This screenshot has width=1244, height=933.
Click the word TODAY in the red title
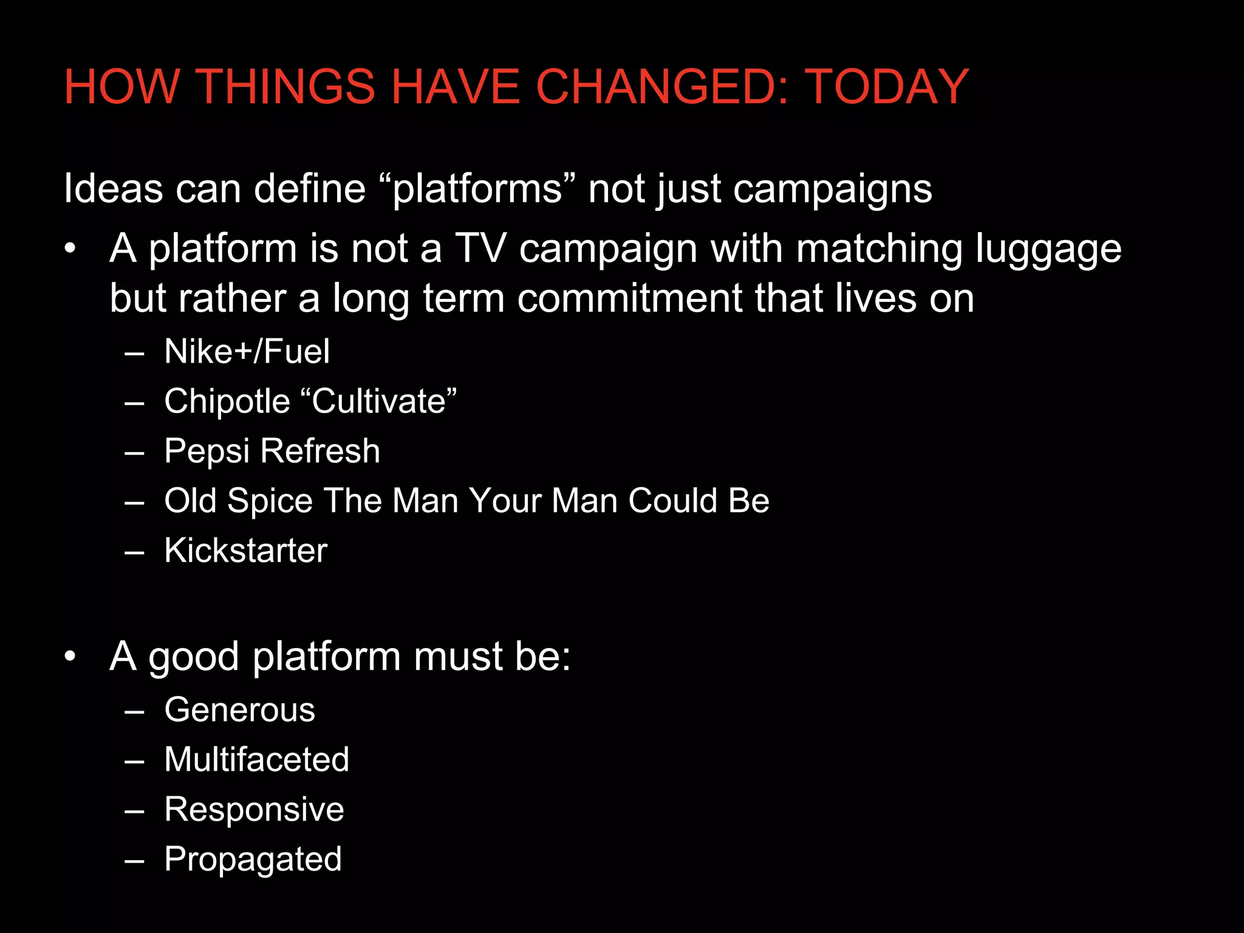tap(886, 87)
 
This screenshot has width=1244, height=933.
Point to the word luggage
tap(1048, 250)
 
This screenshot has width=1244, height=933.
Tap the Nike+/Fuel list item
tap(247, 352)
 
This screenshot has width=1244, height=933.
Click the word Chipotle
tap(227, 402)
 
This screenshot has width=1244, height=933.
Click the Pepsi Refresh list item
tap(272, 451)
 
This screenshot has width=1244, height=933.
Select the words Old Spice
tap(238, 501)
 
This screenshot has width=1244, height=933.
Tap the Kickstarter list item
tap(245, 551)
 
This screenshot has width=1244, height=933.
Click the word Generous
tap(239, 710)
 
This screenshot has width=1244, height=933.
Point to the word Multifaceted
tap(256, 760)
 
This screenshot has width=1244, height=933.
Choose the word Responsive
tap(254, 810)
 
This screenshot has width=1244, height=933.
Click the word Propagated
tap(253, 860)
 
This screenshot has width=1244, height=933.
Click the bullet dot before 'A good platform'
tap(70, 657)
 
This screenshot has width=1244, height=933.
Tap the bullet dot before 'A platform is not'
tap(70, 249)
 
